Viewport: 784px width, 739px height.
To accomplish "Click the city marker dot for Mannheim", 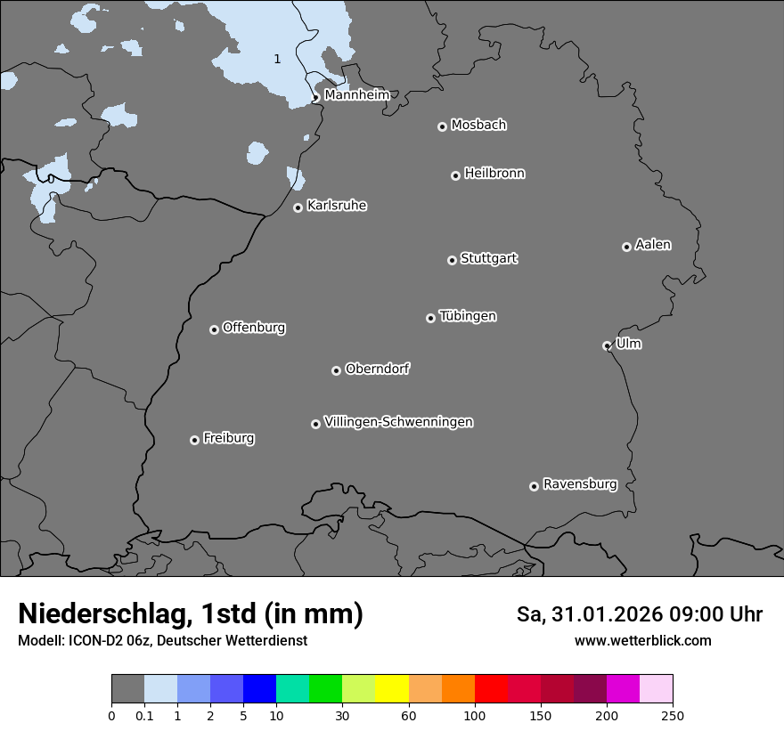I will (315, 98).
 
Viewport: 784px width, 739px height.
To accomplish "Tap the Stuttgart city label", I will (488, 259).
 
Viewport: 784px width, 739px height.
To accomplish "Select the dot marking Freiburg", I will (194, 440).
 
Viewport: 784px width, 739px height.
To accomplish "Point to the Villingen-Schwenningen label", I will (398, 422).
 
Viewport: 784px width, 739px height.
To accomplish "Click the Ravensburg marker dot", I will (534, 486).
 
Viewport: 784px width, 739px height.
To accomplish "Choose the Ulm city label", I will (628, 344).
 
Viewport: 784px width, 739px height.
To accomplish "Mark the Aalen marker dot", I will (626, 247).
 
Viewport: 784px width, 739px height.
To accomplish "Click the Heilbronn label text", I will (494, 174).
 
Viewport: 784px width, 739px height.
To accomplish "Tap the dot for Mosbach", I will (442, 126).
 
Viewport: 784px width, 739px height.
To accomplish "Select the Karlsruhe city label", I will (337, 206).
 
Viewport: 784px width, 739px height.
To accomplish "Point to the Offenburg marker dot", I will (214, 329).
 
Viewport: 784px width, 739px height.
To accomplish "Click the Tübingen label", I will (468, 316).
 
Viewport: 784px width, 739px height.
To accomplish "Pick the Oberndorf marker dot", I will (336, 370).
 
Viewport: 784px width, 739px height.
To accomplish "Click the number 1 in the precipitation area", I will (277, 60).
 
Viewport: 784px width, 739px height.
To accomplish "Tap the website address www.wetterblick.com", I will (642, 641).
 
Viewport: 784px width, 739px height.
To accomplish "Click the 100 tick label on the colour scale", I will (475, 716).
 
